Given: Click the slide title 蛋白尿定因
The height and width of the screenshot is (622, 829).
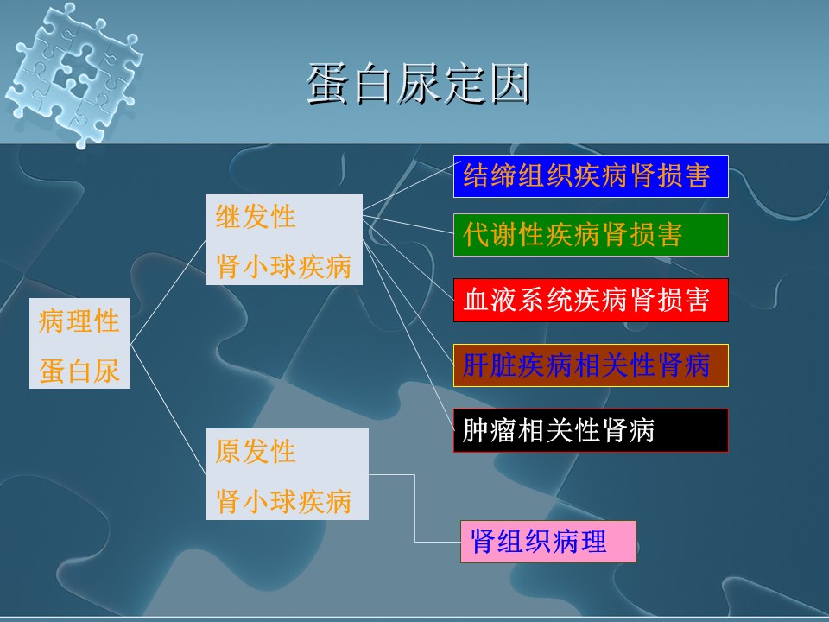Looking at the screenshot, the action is (419, 84).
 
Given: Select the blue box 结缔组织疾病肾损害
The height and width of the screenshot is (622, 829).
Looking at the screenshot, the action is (591, 176).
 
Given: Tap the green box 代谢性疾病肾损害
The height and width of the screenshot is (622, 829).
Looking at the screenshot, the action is (591, 235).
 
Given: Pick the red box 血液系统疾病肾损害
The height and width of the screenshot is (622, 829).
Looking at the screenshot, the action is (591, 300).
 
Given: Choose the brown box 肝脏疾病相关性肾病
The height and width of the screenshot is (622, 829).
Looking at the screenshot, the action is (591, 365).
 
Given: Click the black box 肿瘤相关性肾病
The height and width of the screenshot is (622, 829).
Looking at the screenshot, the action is (591, 430).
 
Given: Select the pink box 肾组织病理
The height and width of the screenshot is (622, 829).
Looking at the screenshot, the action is (548, 542).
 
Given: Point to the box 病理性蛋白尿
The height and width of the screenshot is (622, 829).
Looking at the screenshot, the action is (79, 343).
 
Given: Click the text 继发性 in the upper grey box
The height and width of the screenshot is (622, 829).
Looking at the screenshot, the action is (256, 217).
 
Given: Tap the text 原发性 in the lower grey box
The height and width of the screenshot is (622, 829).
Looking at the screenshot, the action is (256, 452).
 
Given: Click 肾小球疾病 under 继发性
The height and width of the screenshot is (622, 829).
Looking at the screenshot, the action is (283, 266).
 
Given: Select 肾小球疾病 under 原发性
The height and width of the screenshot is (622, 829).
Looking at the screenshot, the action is (283, 501).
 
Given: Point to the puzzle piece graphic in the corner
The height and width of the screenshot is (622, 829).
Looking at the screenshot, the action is (74, 75).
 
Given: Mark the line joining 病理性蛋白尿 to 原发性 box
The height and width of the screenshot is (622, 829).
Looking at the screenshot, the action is (168, 409).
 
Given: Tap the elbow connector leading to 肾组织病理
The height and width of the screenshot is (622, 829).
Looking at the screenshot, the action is (414, 508).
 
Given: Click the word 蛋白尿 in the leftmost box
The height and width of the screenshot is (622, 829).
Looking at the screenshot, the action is (79, 371).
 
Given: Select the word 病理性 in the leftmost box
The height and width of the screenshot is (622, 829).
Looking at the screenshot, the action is (79, 321).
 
